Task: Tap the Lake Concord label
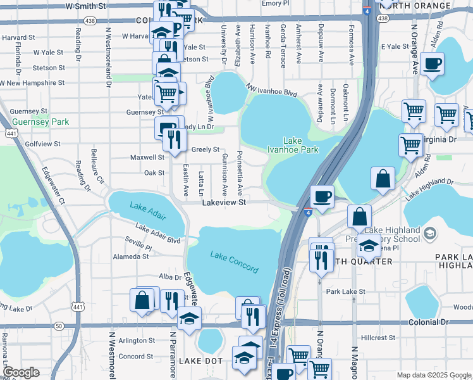pyautogui.click(x=234, y=262)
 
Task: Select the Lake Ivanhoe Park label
pyautogui.click(x=300, y=145)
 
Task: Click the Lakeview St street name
pyautogui.click(x=223, y=203)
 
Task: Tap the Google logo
pyautogui.click(x=20, y=372)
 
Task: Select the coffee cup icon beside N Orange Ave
pyautogui.click(x=432, y=63)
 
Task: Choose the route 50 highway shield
pyautogui.click(x=58, y=325)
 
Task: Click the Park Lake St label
pyautogui.click(x=345, y=291)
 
